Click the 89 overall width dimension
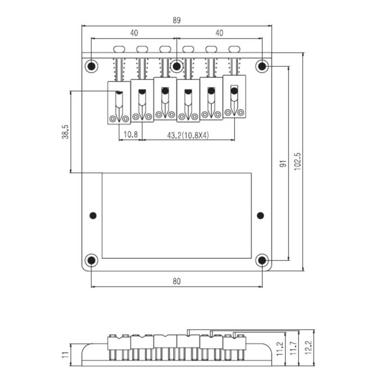(x=177, y=20)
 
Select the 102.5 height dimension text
(x=297, y=161)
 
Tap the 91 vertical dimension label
(x=283, y=164)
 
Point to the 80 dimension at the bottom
(x=177, y=281)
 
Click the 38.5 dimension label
(x=65, y=132)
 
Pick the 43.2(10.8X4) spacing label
(x=188, y=135)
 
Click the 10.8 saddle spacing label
(x=131, y=134)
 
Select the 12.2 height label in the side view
(x=308, y=348)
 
